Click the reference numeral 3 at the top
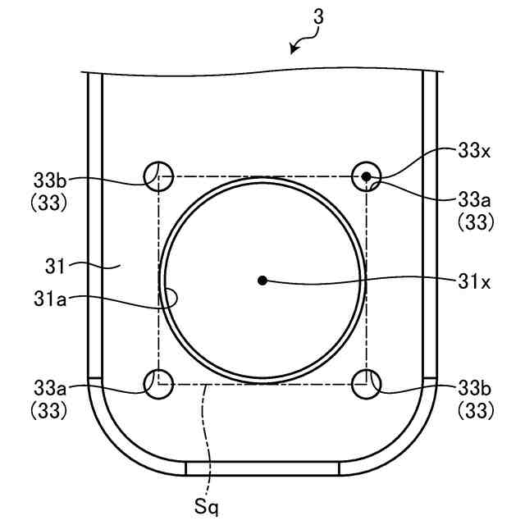(319, 17)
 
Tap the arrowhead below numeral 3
(294, 49)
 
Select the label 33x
(474, 151)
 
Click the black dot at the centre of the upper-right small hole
(367, 176)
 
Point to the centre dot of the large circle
(262, 281)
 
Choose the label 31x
(474, 282)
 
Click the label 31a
(50, 299)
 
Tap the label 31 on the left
(55, 267)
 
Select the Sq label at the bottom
(206, 506)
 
